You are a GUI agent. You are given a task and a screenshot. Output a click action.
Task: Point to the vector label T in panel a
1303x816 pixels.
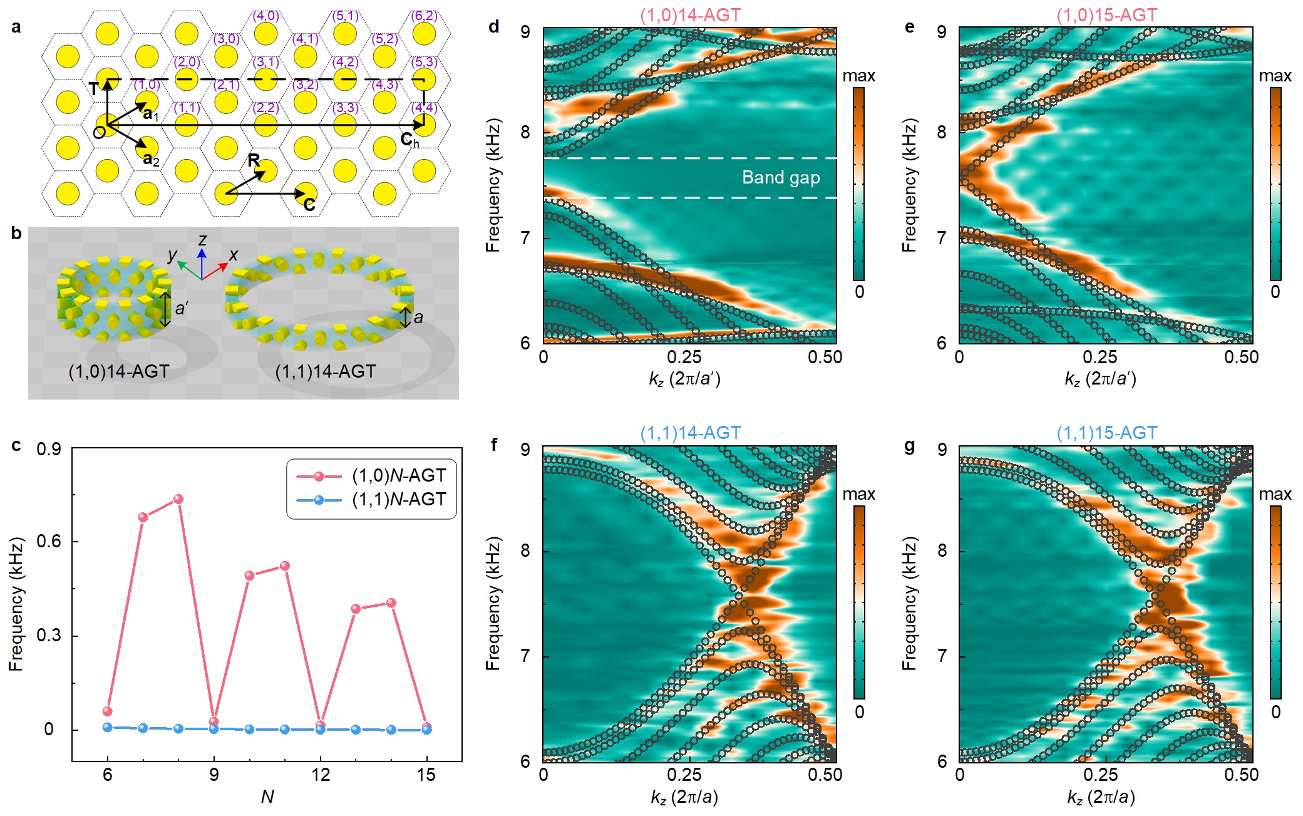(x=93, y=89)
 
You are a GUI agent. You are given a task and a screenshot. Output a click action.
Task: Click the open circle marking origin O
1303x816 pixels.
(x=99, y=132)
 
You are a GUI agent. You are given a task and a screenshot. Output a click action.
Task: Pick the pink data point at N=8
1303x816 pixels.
(x=178, y=499)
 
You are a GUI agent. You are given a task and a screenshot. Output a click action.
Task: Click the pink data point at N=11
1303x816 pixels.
(x=285, y=566)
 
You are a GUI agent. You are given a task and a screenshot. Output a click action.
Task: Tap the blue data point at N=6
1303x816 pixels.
(x=108, y=727)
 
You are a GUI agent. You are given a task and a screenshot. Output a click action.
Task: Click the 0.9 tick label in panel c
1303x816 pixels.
(x=49, y=449)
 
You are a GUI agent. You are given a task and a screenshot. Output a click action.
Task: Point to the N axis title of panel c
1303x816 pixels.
(x=267, y=797)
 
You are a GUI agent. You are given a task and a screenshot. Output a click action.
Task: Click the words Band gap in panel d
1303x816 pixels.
(x=781, y=178)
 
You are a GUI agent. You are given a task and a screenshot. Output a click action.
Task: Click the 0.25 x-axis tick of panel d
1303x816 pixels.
(x=684, y=357)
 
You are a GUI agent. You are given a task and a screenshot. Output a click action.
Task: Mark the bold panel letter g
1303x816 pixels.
(x=910, y=445)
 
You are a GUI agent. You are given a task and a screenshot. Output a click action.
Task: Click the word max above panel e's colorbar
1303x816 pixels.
(x=1275, y=76)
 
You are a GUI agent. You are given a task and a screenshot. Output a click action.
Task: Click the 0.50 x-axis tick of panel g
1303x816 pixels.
(x=1241, y=775)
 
